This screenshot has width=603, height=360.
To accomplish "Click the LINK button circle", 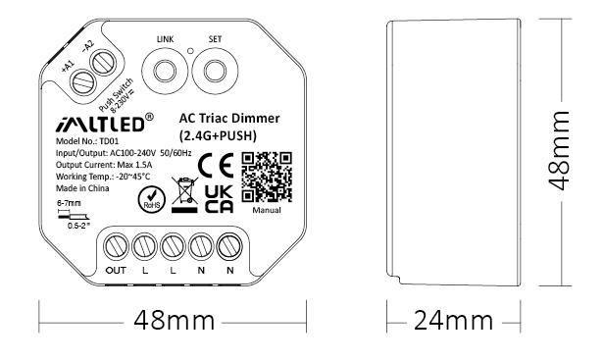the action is pyautogui.click(x=164, y=71).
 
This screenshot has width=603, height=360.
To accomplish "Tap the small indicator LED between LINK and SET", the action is pyautogui.click(x=190, y=50).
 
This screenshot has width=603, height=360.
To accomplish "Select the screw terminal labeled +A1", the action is pyautogui.click(x=82, y=80).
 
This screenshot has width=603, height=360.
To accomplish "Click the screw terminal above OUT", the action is pyautogui.click(x=116, y=246).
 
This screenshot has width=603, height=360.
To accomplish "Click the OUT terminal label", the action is pyautogui.click(x=116, y=271).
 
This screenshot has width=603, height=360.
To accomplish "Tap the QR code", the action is pyautogui.click(x=267, y=177).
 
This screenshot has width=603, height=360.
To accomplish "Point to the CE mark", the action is pyautogui.click(x=216, y=165).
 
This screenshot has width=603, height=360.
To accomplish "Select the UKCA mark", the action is pyautogui.click(x=219, y=199).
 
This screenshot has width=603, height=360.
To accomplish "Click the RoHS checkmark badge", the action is pyautogui.click(x=152, y=199).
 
